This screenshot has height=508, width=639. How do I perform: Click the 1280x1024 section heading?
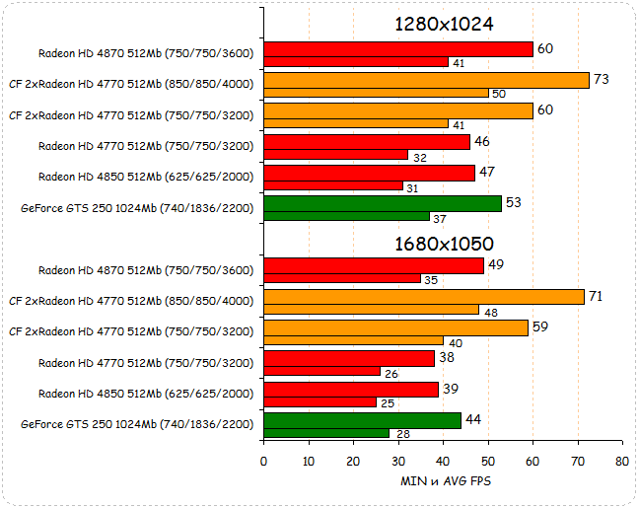(444, 25)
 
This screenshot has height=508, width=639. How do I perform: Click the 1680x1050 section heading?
(444, 243)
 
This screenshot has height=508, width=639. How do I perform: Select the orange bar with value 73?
(426, 80)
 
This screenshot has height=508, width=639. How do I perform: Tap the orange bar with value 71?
(424, 296)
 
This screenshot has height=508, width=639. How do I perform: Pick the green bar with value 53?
(383, 203)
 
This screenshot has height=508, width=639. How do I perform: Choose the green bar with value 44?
(362, 420)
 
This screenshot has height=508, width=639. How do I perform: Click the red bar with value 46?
(367, 142)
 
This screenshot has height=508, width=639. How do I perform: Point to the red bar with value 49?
(374, 266)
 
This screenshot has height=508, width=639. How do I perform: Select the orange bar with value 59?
(396, 327)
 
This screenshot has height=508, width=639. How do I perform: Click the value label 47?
(485, 172)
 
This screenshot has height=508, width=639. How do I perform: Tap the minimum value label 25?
(388, 402)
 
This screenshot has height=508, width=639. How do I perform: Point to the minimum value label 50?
(499, 94)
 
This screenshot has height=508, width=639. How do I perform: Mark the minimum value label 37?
(441, 217)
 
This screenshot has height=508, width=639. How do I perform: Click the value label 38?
(446, 358)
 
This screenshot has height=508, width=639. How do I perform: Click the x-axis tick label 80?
(621, 461)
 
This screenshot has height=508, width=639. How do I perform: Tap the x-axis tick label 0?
(263, 461)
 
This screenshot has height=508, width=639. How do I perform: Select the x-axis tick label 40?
(443, 461)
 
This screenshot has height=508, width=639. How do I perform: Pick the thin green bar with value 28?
(326, 432)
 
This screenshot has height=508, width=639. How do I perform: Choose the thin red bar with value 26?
(322, 371)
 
